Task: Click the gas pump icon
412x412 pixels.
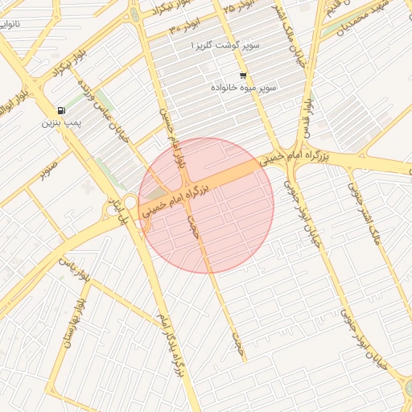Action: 61,110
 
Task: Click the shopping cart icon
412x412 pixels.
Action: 242,76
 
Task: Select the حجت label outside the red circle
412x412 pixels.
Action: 237,341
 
